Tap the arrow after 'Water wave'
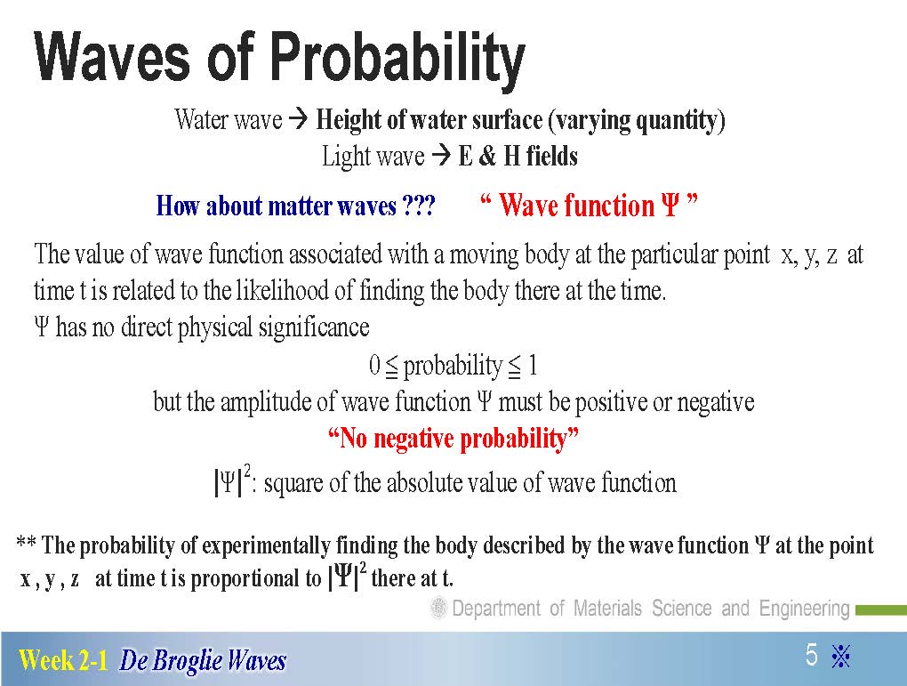coord(299,120)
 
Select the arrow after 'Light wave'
coord(441,157)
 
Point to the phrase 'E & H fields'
coord(518,157)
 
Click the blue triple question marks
coord(418,206)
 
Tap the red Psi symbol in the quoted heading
coord(670,205)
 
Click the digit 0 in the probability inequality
coord(374,366)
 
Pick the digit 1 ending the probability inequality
coord(532,366)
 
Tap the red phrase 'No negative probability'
coord(453,439)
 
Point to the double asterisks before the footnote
coord(26,543)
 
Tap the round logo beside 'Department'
coord(439,609)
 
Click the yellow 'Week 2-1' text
coord(63,660)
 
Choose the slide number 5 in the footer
coord(812,655)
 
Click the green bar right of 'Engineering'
coord(881,609)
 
